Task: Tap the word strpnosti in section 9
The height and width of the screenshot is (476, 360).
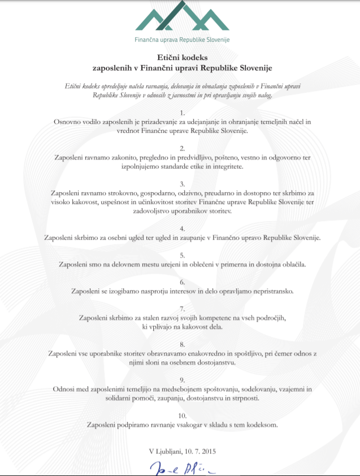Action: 244,398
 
